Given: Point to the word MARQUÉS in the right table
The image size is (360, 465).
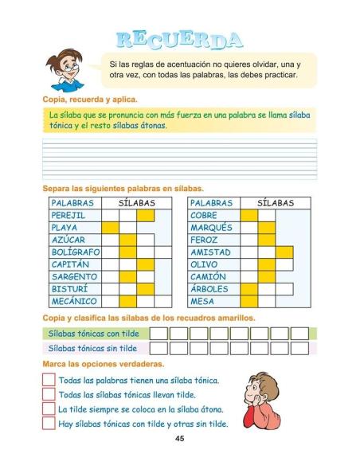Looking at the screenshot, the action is (x=212, y=228).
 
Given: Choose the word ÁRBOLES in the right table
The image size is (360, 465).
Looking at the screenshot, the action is (x=209, y=289).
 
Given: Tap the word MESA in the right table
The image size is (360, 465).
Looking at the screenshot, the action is (x=203, y=302).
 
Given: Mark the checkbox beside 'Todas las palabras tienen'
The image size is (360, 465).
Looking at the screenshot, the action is (x=49, y=381).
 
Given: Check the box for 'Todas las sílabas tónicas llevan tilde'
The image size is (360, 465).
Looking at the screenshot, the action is (x=49, y=395).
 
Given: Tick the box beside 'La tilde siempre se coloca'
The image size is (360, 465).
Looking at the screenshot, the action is (x=49, y=409).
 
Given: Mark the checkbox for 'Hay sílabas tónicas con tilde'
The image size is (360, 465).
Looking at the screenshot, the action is (x=49, y=423).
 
